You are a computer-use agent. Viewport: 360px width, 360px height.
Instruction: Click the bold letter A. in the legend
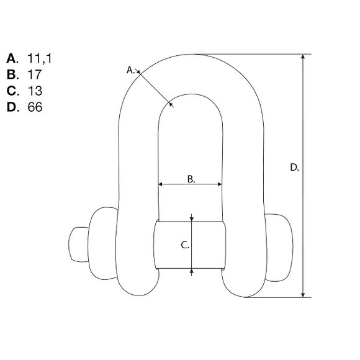point(12,58)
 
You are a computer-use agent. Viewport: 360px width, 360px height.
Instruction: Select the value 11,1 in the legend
point(40,58)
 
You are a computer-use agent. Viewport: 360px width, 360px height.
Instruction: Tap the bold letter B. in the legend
point(12,74)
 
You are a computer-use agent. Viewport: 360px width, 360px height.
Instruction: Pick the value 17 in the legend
point(34,74)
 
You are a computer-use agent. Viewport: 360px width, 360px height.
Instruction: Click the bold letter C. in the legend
point(12,91)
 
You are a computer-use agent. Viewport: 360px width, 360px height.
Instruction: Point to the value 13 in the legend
point(35,91)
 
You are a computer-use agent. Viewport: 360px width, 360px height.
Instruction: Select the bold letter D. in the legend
point(12,107)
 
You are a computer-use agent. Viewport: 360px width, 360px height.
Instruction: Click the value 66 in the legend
point(35,107)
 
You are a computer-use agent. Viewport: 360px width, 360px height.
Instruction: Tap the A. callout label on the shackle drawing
point(130,70)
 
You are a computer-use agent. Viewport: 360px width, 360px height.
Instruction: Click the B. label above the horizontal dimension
point(191,179)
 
